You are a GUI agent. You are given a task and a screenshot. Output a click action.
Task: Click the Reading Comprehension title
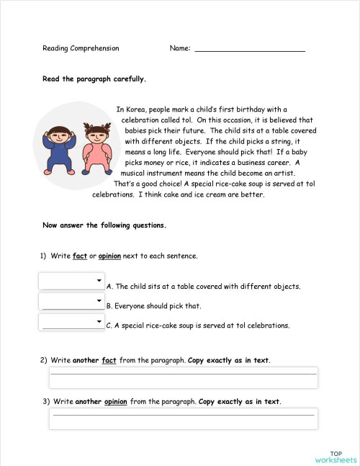click(x=81, y=48)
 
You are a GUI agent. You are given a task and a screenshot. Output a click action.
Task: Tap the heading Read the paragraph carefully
click(x=94, y=79)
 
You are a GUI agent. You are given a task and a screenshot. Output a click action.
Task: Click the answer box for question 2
click(x=183, y=377)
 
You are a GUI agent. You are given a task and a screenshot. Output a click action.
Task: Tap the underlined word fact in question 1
click(x=80, y=256)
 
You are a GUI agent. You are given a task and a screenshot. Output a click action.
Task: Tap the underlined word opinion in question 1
click(x=110, y=256)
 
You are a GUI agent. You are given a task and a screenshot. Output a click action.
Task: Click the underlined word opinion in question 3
click(x=115, y=401)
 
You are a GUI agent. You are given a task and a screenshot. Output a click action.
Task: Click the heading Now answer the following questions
click(x=104, y=225)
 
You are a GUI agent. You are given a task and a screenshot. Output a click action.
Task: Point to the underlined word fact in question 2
click(x=109, y=360)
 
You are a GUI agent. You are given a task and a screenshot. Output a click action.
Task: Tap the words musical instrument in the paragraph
click(x=153, y=173)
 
